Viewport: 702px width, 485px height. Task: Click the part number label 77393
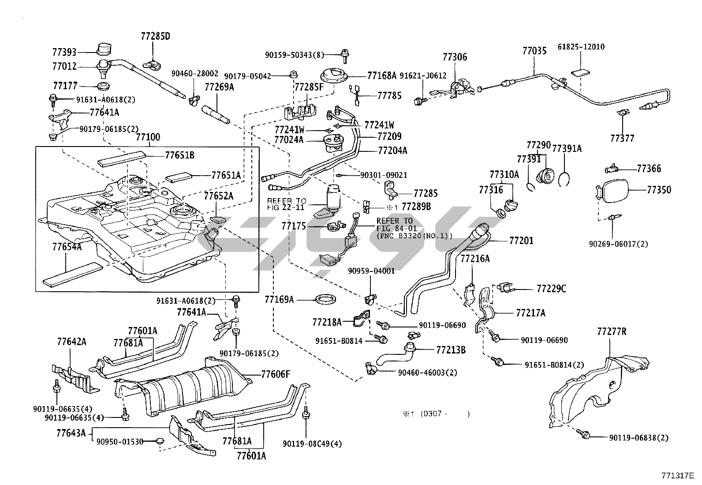pyautogui.click(x=64, y=52)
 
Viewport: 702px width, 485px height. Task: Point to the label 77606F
pyautogui.click(x=276, y=375)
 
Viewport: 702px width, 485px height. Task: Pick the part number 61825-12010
pyautogui.click(x=581, y=47)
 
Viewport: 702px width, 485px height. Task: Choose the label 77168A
pyautogui.click(x=382, y=75)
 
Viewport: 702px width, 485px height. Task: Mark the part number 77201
pyautogui.click(x=521, y=241)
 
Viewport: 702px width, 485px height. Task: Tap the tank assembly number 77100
pyautogui.click(x=148, y=137)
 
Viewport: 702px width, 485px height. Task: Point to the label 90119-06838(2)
pyautogui.click(x=639, y=438)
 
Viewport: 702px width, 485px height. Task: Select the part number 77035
pyautogui.click(x=534, y=51)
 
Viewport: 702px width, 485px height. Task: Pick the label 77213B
pyautogui.click(x=451, y=350)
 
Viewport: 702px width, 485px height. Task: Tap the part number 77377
pyautogui.click(x=622, y=139)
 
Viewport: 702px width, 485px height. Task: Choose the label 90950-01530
pyautogui.click(x=120, y=441)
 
